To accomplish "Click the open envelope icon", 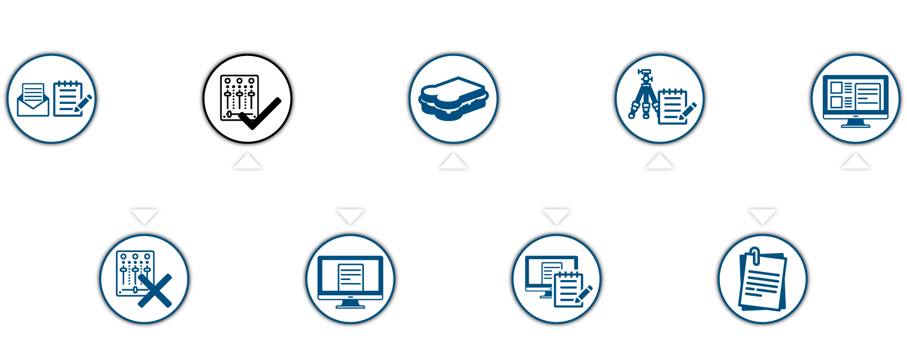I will click(x=33, y=101).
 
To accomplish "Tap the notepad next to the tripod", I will click(x=674, y=106).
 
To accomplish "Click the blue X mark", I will click(x=155, y=291).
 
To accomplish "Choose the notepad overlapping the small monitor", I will click(x=570, y=289).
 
